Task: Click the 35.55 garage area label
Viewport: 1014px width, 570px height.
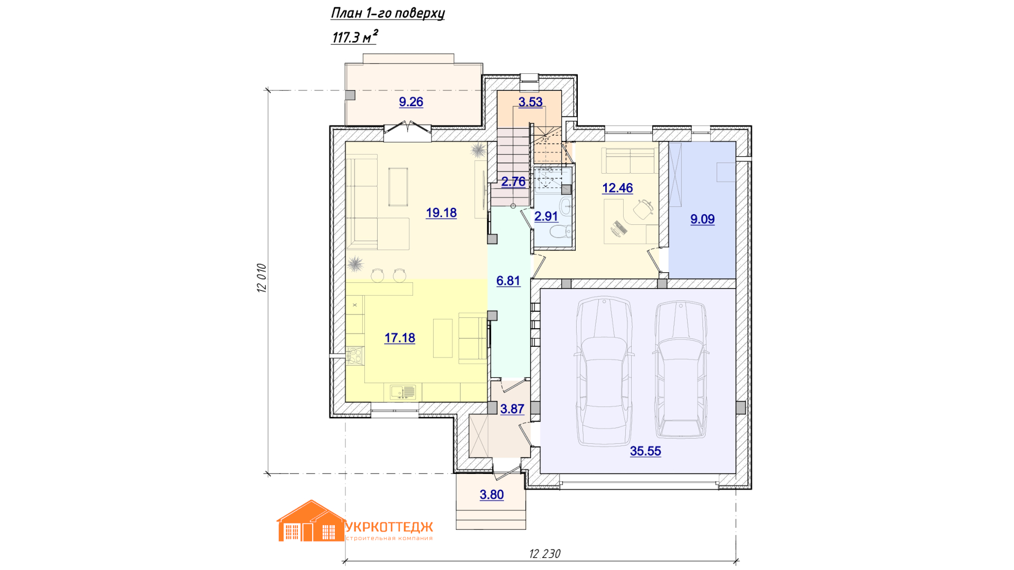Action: click(x=645, y=451)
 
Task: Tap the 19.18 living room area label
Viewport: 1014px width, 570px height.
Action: click(x=442, y=213)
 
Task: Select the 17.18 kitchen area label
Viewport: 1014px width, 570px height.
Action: click(x=400, y=338)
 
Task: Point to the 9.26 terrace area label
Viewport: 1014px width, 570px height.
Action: click(x=411, y=102)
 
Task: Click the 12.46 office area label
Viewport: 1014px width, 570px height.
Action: click(x=617, y=188)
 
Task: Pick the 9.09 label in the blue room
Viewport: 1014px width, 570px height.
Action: click(x=702, y=219)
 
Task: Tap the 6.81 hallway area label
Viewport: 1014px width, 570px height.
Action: click(x=508, y=281)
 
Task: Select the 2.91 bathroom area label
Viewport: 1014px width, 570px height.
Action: click(x=546, y=216)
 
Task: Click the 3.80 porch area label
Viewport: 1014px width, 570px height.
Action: click(x=492, y=495)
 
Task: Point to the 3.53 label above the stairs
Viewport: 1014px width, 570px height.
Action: click(x=530, y=102)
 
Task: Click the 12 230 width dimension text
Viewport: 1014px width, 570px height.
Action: click(x=544, y=554)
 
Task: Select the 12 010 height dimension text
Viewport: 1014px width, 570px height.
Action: click(x=262, y=278)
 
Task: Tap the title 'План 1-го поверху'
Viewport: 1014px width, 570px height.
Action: click(x=388, y=13)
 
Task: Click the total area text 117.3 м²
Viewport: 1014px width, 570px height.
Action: click(x=354, y=37)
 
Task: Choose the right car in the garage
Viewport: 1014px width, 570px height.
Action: click(x=681, y=369)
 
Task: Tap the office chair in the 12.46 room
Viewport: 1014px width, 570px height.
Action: click(x=643, y=209)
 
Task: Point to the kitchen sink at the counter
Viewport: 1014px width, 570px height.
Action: click(x=403, y=392)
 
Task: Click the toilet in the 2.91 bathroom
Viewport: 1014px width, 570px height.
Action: click(x=562, y=231)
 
